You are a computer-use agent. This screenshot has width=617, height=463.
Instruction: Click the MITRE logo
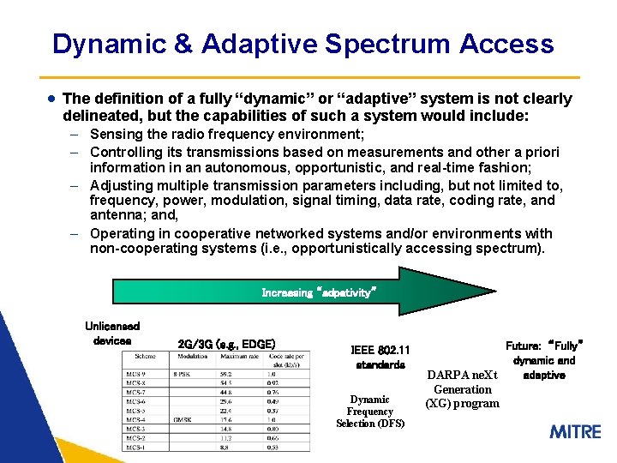575,430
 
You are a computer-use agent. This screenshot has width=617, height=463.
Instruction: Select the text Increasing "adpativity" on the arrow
318,292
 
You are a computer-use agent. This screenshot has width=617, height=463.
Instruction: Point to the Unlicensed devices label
112,333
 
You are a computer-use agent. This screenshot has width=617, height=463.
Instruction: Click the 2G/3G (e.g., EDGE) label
226,344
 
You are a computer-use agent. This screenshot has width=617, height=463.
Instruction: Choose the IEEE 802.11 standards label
380,357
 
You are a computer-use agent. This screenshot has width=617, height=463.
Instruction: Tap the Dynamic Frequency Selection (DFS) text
370,411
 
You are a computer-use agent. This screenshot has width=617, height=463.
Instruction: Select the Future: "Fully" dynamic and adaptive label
544,360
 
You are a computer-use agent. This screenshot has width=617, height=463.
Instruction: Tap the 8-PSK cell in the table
183,375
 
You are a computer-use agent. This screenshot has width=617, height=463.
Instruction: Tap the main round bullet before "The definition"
52,99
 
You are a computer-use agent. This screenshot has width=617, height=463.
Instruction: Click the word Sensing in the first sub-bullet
117,135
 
